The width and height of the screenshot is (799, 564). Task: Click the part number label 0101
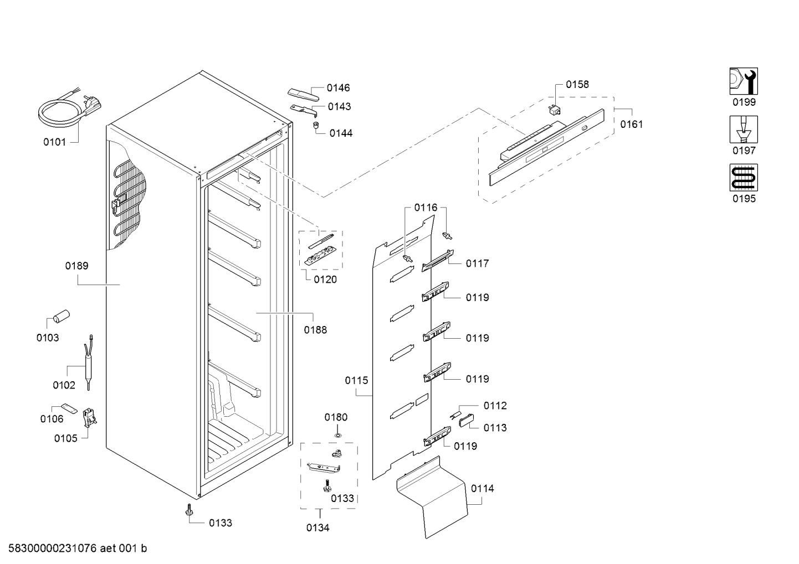tap(54, 142)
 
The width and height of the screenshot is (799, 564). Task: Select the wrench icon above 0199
tap(744, 81)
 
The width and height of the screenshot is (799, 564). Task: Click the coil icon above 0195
tap(744, 178)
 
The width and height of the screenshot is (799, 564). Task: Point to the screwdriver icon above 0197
tap(744, 130)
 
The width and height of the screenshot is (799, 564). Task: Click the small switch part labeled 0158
tap(554, 110)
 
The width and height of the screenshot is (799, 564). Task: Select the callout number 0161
tap(631, 125)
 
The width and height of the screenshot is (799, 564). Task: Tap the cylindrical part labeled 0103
tap(62, 317)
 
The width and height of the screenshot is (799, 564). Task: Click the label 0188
tap(315, 330)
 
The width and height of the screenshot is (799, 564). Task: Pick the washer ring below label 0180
tap(337, 435)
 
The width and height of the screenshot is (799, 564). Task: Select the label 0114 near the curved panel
tap(482, 488)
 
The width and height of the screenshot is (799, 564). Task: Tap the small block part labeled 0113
tap(467, 421)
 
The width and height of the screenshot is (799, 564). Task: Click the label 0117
tap(477, 263)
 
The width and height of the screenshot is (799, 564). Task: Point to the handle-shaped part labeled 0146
tap(303, 95)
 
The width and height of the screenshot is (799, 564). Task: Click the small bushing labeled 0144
tap(316, 126)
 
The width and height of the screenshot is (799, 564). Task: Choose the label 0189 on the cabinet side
tap(76, 266)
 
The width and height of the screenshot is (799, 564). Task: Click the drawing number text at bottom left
tap(78, 548)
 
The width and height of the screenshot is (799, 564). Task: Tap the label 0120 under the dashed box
tap(325, 280)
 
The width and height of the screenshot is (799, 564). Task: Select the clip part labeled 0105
tap(89, 417)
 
